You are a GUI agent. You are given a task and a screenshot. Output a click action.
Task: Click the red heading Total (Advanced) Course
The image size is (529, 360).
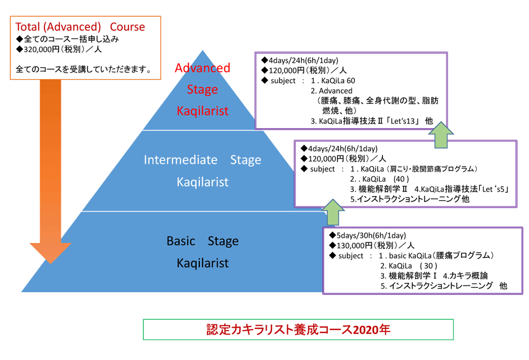click(x=80, y=26)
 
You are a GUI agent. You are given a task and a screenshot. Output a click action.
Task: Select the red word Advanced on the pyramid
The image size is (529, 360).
click(x=203, y=68)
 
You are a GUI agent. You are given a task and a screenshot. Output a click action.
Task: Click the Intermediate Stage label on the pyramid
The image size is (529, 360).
click(x=203, y=160)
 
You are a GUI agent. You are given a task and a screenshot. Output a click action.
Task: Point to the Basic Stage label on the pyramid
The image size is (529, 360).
click(x=203, y=241)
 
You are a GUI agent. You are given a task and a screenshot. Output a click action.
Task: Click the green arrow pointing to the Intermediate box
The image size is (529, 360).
click(x=332, y=212)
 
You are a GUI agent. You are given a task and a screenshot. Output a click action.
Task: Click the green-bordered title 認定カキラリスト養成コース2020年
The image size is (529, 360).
click(x=298, y=329)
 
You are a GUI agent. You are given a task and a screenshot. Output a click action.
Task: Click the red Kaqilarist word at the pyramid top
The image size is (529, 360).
click(x=203, y=111)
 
